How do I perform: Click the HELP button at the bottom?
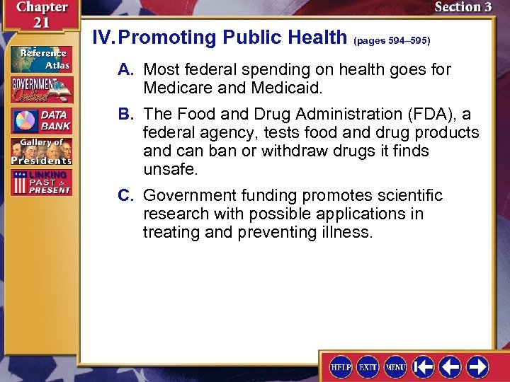[341, 366]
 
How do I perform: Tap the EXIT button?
[368, 366]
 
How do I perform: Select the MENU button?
[395, 366]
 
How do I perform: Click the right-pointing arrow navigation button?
[477, 366]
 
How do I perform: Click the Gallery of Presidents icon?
[41, 151]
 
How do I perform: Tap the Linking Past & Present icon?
[41, 181]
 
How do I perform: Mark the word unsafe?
[171, 170]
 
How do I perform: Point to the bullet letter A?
[126, 70]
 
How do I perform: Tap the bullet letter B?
[126, 115]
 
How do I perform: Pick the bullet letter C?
[126, 195]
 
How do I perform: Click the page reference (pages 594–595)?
[391, 41]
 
